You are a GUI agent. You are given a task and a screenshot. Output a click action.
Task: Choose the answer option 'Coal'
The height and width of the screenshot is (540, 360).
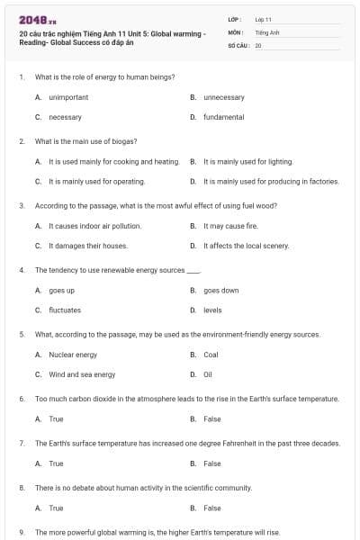(211, 355)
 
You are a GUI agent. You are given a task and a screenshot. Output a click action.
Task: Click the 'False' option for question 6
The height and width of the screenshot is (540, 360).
(211, 418)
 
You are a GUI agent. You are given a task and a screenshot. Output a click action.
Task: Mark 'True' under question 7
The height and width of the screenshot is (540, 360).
(56, 463)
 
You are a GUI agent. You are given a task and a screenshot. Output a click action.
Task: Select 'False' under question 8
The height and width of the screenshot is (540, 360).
(211, 508)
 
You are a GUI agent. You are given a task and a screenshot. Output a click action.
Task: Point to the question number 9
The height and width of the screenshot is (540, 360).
(22, 532)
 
